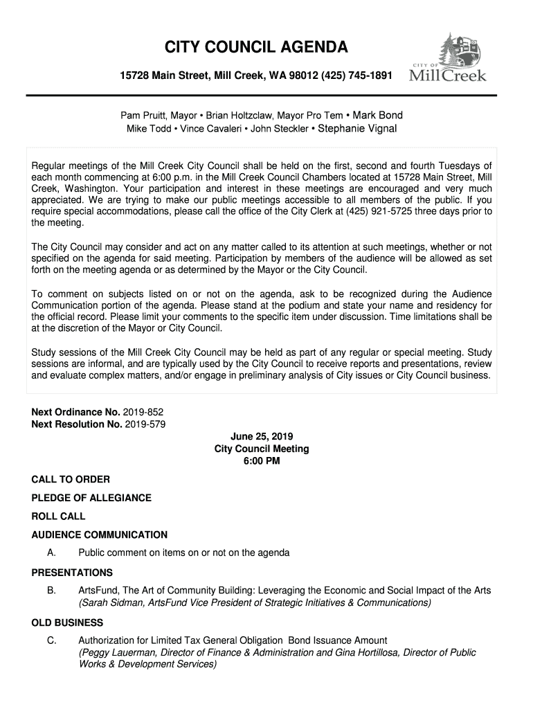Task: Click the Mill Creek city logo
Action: [450, 58]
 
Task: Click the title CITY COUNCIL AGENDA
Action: [256, 48]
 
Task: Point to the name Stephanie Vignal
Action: [357, 128]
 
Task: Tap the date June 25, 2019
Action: [262, 436]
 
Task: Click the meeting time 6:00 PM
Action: [262, 461]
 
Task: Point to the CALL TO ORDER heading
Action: [71, 479]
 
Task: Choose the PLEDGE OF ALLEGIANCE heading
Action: [91, 498]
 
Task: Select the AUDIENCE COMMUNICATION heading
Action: [100, 535]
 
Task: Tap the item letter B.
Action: [51, 591]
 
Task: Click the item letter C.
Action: [51, 640]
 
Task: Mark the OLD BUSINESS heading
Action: [68, 622]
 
